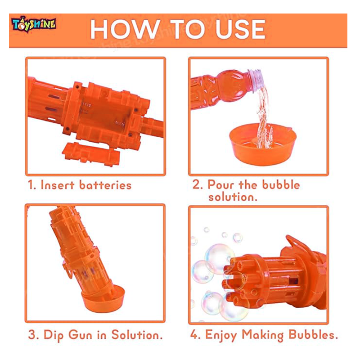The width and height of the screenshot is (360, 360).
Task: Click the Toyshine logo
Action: click(x=33, y=24)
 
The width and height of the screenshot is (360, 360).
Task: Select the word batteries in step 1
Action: click(x=105, y=185)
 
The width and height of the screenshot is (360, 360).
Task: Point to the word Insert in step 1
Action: click(x=58, y=185)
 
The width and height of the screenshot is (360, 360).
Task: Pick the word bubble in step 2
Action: click(x=281, y=184)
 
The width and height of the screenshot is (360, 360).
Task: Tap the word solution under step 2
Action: click(x=233, y=197)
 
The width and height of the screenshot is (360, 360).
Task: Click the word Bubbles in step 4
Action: click(x=313, y=335)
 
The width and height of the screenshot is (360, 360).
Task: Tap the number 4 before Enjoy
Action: click(x=194, y=335)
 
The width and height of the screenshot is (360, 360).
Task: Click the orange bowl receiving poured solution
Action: click(x=263, y=144)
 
